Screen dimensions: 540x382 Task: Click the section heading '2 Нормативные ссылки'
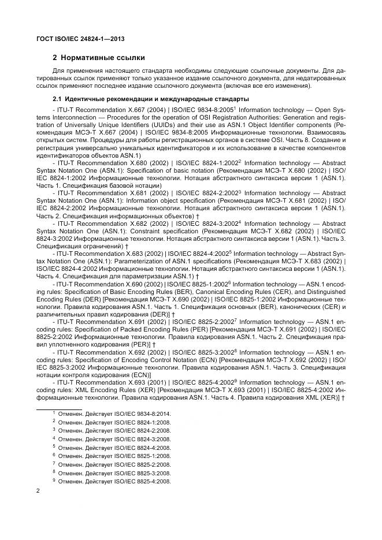pos(99,58)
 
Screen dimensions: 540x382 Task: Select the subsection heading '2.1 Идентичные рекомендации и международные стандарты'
pos(150,99)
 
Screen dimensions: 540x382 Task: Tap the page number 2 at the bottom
pos(38,490)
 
